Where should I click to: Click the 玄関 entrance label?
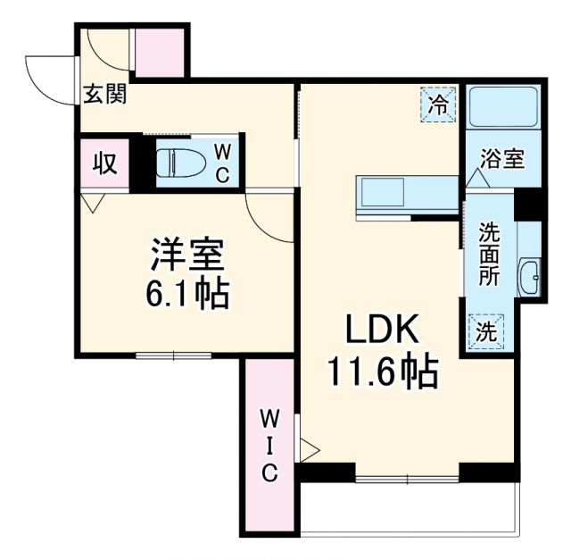[104, 94]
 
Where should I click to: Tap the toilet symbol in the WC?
[176, 162]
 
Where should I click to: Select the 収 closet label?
[104, 163]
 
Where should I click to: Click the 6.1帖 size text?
[187, 292]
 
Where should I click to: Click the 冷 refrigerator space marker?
[438, 104]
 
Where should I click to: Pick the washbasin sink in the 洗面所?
[530, 277]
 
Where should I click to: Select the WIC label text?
[269, 445]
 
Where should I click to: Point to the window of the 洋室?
[174, 355]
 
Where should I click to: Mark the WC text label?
[223, 163]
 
